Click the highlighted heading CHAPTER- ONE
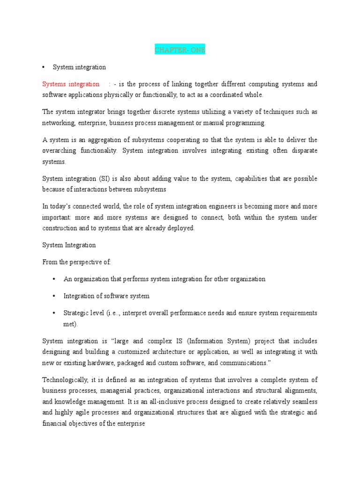pyautogui.click(x=180, y=50)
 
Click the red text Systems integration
pyautogui.click(x=71, y=84)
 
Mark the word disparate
pyautogui.click(x=302, y=150)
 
